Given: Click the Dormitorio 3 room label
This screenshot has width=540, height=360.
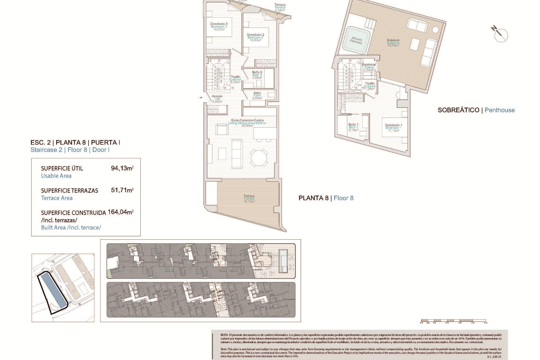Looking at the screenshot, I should point(219,26).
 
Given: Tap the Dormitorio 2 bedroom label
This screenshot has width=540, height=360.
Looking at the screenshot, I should point(255,37).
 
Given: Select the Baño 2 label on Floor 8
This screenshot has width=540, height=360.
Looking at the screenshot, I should point(257,75).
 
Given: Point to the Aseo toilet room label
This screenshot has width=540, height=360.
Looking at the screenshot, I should point(257,95).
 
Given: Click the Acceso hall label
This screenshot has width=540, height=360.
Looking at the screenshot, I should point(217,99).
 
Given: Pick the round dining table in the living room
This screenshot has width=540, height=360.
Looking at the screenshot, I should point(259,158).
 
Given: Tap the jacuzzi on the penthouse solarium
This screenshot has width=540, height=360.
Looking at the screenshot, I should point(356,40).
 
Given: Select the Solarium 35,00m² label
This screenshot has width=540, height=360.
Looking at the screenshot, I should point(393,43).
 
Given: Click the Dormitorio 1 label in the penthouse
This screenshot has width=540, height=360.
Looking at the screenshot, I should point(393,128).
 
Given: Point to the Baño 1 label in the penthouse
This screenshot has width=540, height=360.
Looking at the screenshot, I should point(353,127).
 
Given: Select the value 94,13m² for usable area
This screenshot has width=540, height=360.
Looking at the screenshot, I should point(122,168).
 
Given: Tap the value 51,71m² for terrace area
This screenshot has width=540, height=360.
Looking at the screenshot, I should point(122,190).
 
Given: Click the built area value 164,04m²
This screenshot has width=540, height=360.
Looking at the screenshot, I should point(120,212).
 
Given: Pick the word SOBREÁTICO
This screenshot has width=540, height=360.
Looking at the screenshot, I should point(458,110).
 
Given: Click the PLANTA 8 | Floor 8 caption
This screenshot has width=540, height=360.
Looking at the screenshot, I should point(326,198).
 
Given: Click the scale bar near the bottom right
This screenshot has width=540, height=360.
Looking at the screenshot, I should point(453,321).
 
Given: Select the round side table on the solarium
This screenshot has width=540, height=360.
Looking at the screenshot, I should point(435,30).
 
